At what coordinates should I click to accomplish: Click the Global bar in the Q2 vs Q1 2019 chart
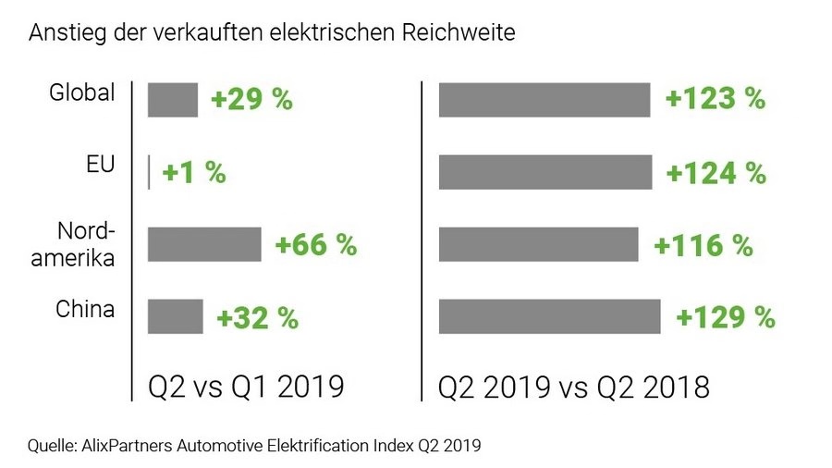pos(173,100)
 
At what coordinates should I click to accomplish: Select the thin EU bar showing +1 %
pos(149,172)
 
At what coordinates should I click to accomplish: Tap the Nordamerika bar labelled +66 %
pos(204,244)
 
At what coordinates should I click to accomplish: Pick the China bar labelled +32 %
pos(176,316)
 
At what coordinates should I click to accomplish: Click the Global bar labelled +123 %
pos(544,100)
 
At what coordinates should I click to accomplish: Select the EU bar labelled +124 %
pos(545,172)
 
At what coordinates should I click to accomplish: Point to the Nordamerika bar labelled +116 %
pos(538,244)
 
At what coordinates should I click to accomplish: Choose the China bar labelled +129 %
pos(549,316)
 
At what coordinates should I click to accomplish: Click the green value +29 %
pos(251,100)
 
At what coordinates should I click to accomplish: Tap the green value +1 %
pos(194,173)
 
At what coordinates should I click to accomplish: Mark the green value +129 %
pos(725,317)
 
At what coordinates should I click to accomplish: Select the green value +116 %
pos(703,245)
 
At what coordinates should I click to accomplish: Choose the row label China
pos(85,309)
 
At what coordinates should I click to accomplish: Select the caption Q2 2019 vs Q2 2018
pos(574,386)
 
